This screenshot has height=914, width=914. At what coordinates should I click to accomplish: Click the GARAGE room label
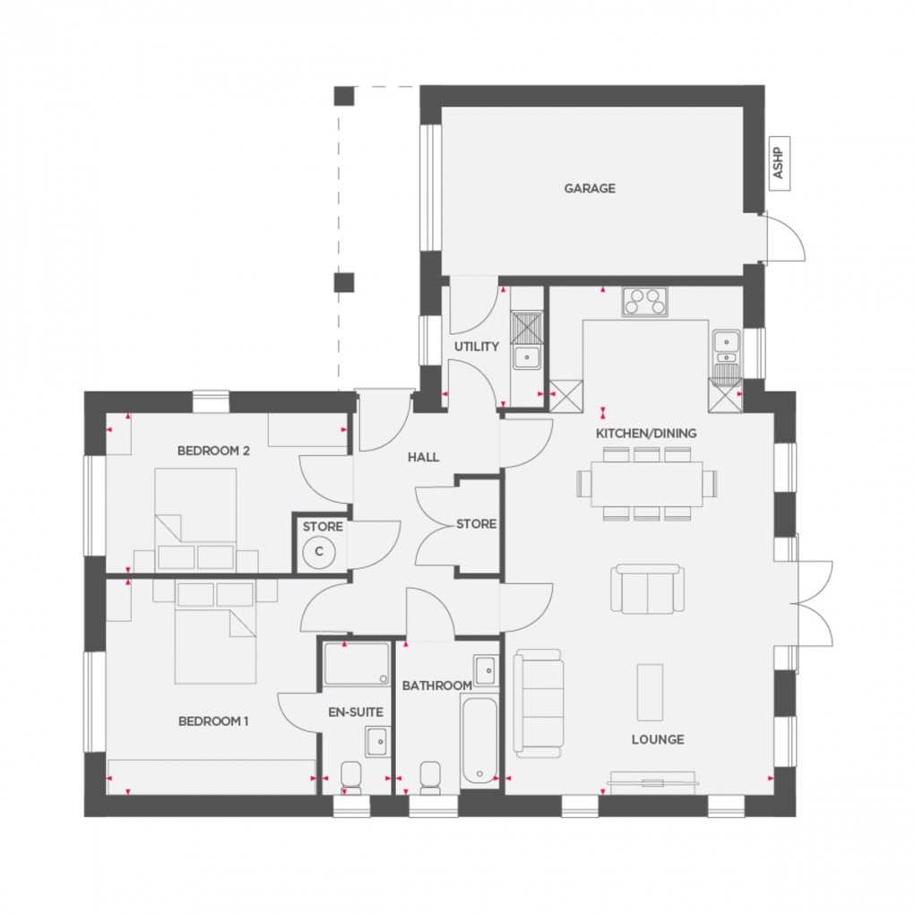[590, 189]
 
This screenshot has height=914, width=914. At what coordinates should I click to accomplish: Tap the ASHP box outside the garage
[778, 163]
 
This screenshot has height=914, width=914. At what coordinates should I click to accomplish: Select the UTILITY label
[476, 347]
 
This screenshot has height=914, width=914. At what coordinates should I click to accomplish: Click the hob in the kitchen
[646, 302]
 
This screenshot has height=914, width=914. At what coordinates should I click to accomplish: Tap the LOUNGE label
[658, 739]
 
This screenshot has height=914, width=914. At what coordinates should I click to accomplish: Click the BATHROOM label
[436, 686]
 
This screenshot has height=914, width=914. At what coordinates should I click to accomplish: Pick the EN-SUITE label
[356, 712]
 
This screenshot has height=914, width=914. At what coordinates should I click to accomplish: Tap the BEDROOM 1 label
[213, 721]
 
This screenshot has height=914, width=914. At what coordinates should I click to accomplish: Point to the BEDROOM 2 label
[213, 451]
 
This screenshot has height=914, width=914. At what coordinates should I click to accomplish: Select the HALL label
[424, 457]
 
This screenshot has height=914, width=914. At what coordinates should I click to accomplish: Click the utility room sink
[527, 356]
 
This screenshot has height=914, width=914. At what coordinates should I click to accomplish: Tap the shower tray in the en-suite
[356, 664]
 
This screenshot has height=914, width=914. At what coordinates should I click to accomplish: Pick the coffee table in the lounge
[650, 692]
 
